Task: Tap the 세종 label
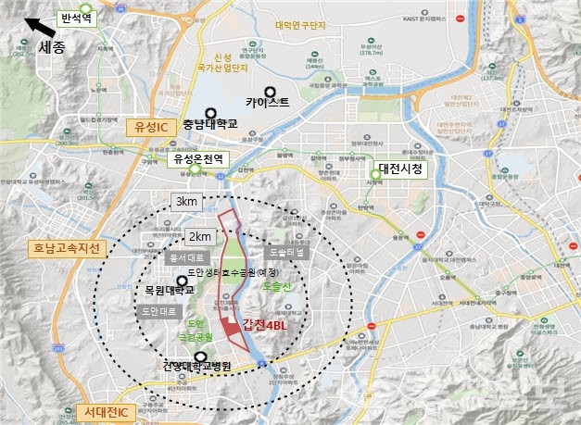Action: (54, 45)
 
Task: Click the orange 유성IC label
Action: (149, 127)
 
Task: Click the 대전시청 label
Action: (405, 169)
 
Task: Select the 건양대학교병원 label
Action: (194, 368)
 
